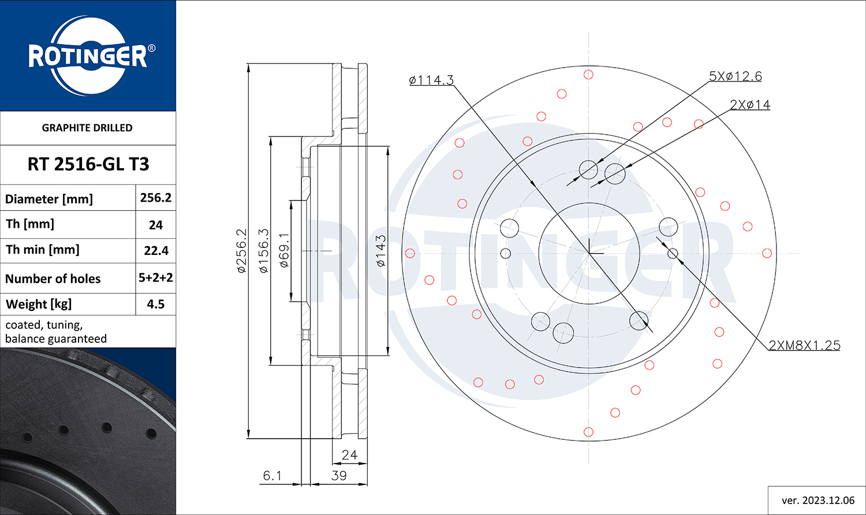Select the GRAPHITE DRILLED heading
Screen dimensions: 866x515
87,128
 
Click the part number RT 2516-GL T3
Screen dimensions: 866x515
88,164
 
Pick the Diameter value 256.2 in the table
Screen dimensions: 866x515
155,198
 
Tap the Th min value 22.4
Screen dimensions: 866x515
156,251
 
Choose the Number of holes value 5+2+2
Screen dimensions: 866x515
155,277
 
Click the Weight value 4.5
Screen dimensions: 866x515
155,304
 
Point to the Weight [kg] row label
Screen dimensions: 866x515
39,305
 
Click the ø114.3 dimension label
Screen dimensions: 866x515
431,80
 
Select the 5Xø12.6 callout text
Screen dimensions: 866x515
736,76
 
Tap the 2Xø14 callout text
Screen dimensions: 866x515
750,105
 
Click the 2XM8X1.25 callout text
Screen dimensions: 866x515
805,345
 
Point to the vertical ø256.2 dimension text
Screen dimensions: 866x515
241,251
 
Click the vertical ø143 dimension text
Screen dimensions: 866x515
381,251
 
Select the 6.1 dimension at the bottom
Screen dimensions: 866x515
272,476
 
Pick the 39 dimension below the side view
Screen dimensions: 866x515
339,476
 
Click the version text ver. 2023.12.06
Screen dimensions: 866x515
818,501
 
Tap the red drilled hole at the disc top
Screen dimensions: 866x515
588,75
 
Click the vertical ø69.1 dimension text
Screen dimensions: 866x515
284,250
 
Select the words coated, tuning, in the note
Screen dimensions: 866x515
44,325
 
